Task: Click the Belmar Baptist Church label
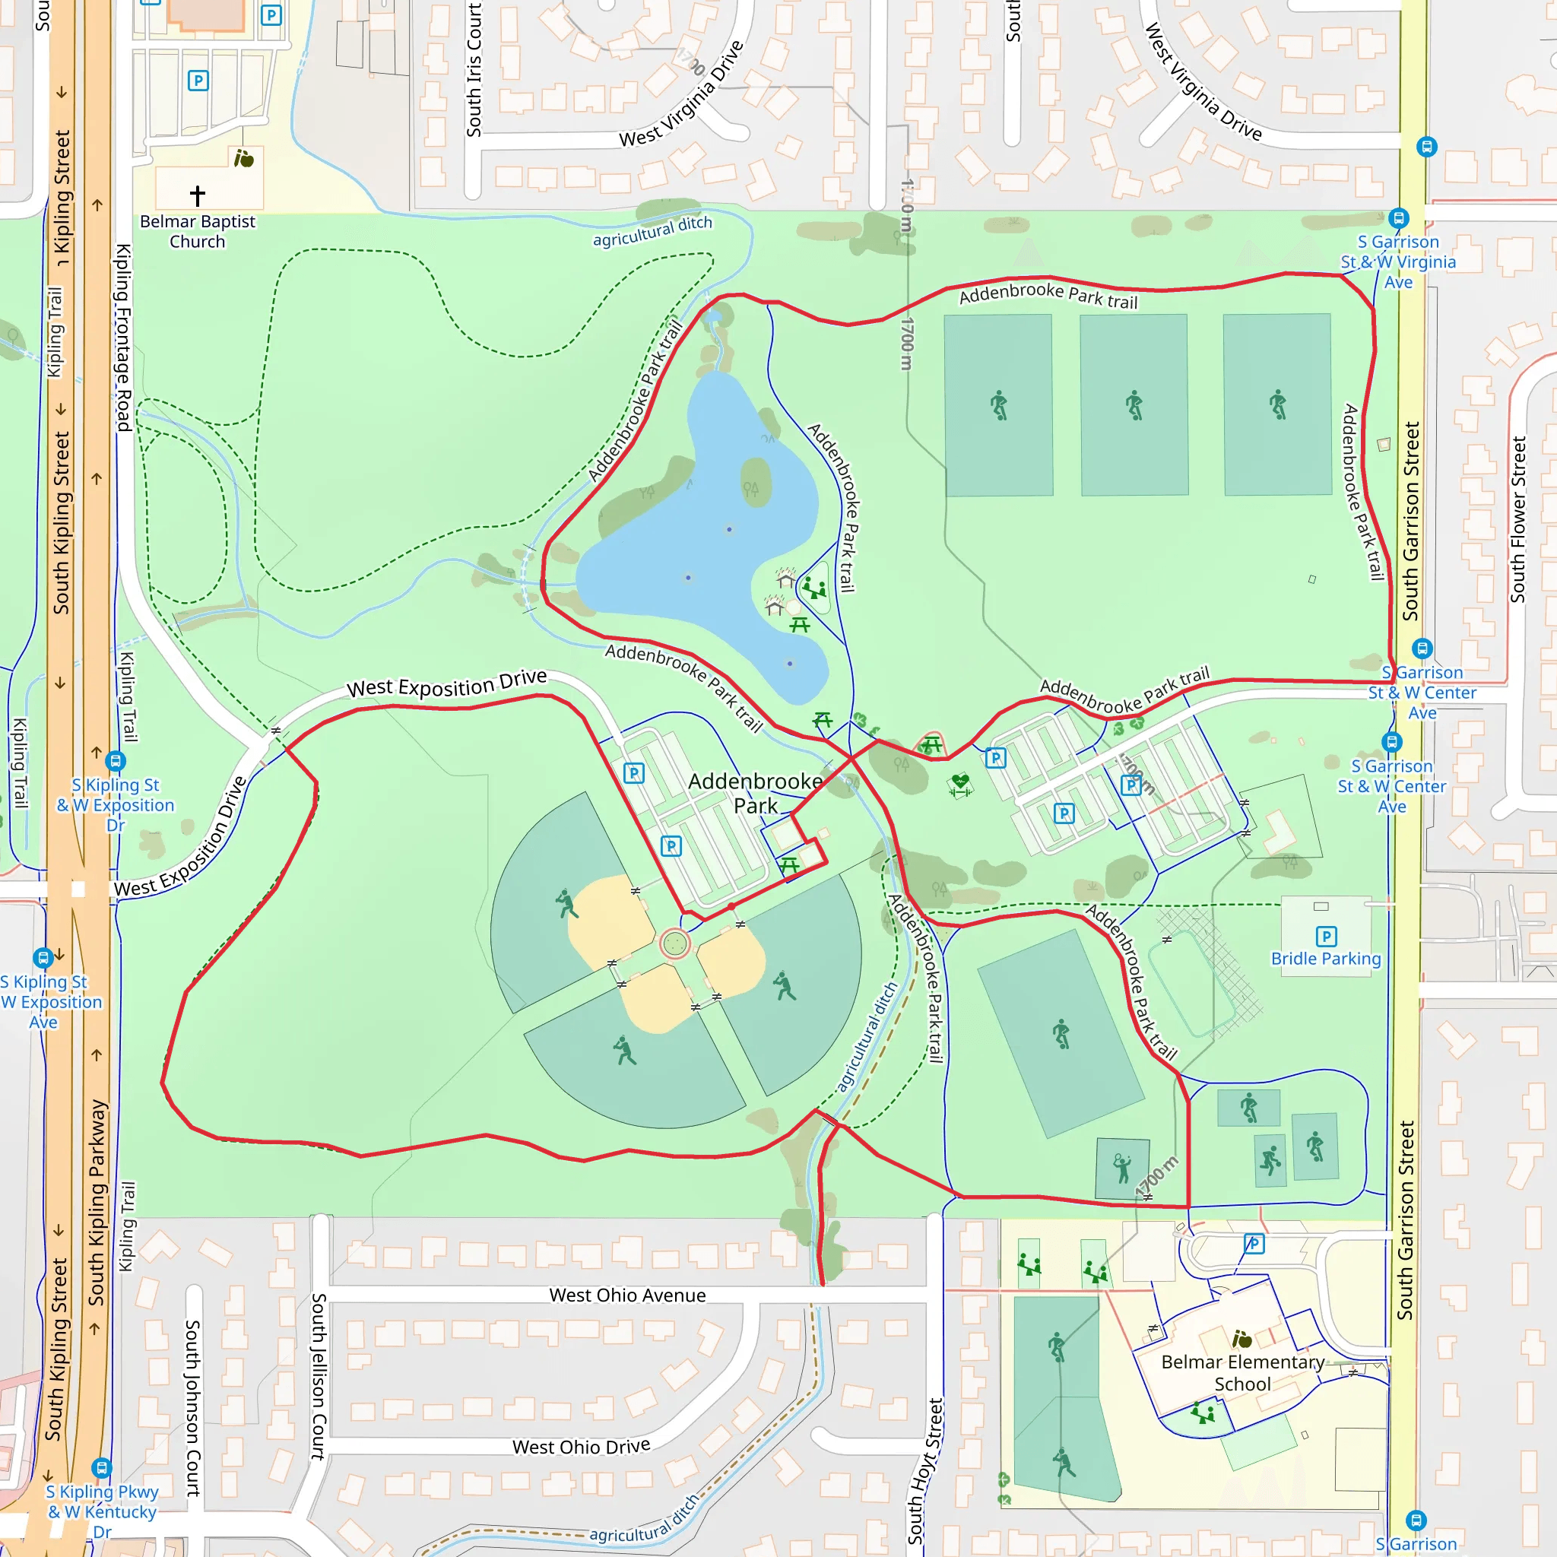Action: [x=198, y=231]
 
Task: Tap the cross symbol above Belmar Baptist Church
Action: [x=198, y=195]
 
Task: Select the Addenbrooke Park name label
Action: [x=755, y=793]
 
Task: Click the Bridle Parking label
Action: [x=1326, y=959]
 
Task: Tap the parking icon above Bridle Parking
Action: [x=1326, y=936]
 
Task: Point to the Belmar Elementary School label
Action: [x=1242, y=1373]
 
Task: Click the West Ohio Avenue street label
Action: [x=627, y=1295]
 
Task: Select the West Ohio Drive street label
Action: [x=581, y=1447]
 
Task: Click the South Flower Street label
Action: [x=1518, y=519]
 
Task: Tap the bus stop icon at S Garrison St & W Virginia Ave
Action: [x=1398, y=217]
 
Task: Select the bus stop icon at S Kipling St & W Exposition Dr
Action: [x=116, y=761]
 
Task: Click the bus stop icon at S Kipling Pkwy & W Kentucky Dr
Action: [x=101, y=1467]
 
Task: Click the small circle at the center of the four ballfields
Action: [x=674, y=943]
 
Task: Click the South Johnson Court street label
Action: [x=193, y=1407]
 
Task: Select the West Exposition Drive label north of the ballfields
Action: [x=446, y=685]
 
